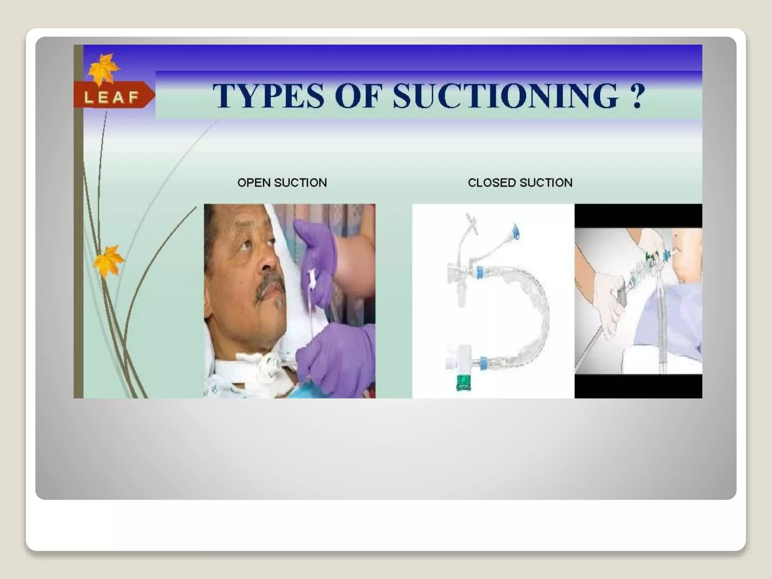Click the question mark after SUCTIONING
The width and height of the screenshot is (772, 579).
(x=637, y=96)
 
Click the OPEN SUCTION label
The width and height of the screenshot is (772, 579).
(x=282, y=183)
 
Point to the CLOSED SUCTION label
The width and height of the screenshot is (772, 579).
(x=520, y=183)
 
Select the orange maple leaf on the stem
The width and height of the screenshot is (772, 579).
(x=109, y=260)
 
